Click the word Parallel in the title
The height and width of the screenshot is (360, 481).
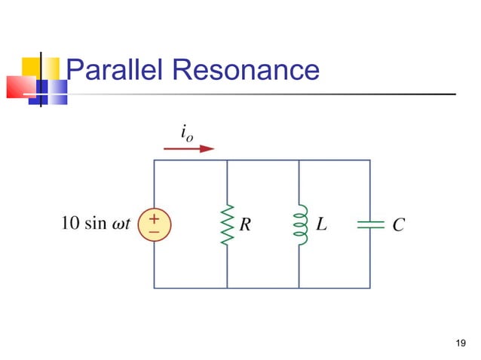tap(114, 71)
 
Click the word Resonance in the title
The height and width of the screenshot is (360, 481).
tap(245, 71)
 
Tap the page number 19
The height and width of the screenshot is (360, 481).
tap(461, 345)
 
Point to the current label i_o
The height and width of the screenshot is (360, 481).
tap(185, 131)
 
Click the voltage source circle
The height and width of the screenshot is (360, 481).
tap(154, 224)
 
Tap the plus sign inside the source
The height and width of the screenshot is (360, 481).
tap(154, 218)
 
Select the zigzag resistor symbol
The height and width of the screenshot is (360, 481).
tap(227, 224)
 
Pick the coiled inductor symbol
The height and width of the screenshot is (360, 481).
tap(300, 224)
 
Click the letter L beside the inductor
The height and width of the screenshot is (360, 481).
tap(320, 224)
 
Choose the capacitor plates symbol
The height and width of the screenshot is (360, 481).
tap(370, 224)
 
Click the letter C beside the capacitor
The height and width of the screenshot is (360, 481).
tap(399, 224)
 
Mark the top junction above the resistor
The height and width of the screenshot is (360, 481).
tap(227, 160)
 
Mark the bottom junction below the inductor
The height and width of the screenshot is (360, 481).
tap(300, 288)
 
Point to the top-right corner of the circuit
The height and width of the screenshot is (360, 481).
tap(370, 160)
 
